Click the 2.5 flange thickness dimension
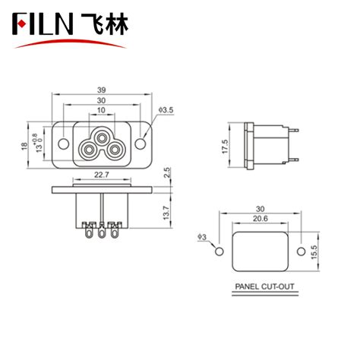(167, 181)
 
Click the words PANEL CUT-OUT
(259, 288)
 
